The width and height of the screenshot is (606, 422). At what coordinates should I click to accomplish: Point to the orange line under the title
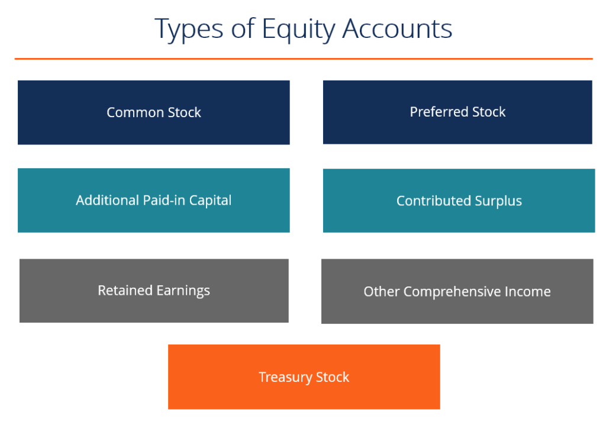pos(303,59)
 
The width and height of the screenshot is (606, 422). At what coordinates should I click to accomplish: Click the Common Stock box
pos(154,112)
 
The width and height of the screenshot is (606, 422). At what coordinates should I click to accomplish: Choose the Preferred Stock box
pos(457,112)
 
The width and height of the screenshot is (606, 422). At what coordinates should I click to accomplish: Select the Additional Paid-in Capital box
pos(154,200)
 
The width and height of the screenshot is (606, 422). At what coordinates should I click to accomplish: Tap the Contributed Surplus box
pos(459,201)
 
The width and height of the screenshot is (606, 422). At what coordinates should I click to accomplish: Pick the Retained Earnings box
pos(154,291)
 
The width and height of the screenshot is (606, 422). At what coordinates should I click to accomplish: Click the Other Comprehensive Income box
pos(457,291)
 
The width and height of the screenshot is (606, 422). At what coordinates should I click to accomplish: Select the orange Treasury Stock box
pos(304,377)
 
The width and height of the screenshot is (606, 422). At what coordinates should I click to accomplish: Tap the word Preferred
pos(437,112)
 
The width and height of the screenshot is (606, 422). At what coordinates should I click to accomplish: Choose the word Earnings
pos(183,291)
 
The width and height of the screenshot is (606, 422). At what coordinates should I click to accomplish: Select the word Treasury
pos(285,377)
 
